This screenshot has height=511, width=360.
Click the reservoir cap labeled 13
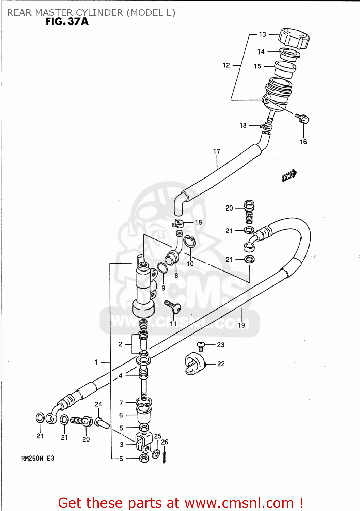294,38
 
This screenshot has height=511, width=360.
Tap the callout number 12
226,65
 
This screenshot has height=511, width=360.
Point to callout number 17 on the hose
217,151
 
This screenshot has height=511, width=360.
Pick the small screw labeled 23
201,346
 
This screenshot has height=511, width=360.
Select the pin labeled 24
102,423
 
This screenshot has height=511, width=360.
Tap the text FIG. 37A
67,21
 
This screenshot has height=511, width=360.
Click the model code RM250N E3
38,459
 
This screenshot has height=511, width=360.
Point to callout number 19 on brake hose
241,325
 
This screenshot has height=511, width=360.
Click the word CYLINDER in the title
99,13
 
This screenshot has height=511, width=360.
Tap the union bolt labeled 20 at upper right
249,211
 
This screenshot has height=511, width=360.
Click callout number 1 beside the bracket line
96,362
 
